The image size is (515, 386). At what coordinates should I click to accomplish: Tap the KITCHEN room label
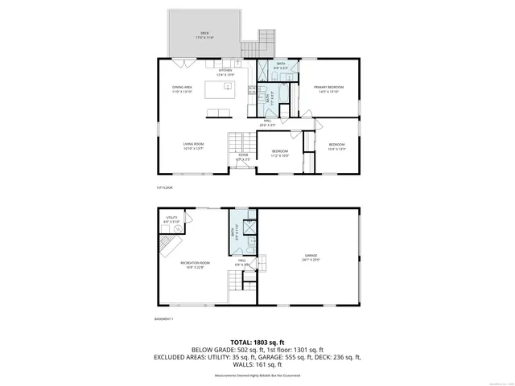225,70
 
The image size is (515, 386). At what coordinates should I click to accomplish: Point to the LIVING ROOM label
192,144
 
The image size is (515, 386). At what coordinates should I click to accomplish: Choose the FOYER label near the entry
243,155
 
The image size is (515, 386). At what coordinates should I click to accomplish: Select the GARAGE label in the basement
311,254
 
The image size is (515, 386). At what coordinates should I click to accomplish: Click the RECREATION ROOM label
195,263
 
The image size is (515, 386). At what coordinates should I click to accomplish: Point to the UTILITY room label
171,217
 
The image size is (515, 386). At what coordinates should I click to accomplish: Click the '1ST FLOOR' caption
164,187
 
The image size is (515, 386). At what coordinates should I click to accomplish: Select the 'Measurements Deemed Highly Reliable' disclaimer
257,376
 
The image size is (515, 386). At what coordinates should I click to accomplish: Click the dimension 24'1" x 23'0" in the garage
311,259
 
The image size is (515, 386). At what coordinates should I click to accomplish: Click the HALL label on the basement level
240,261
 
